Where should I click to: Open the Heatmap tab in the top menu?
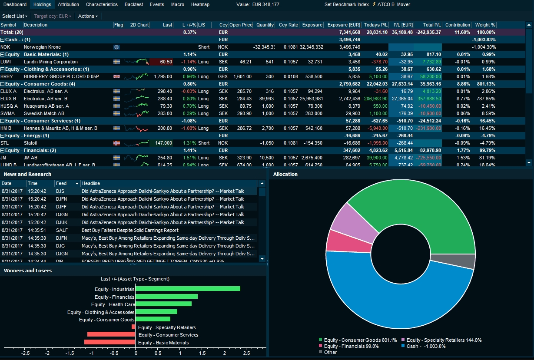pos(200,4)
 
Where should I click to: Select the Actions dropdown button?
pos(88,16)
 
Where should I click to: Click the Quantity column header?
pos(265,25)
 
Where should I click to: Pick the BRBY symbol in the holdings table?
pos(6,76)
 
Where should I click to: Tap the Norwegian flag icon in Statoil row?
pos(116,143)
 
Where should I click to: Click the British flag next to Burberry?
pos(116,76)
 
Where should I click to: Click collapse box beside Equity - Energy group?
pos(3,135)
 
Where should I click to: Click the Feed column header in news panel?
pos(61,183)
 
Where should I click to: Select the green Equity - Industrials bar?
pos(188,289)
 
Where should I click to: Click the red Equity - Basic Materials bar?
pos(109,342)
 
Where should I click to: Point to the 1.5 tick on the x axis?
pos(202,353)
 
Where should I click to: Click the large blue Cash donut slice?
pos(391,304)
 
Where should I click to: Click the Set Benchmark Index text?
pos(346,4)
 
